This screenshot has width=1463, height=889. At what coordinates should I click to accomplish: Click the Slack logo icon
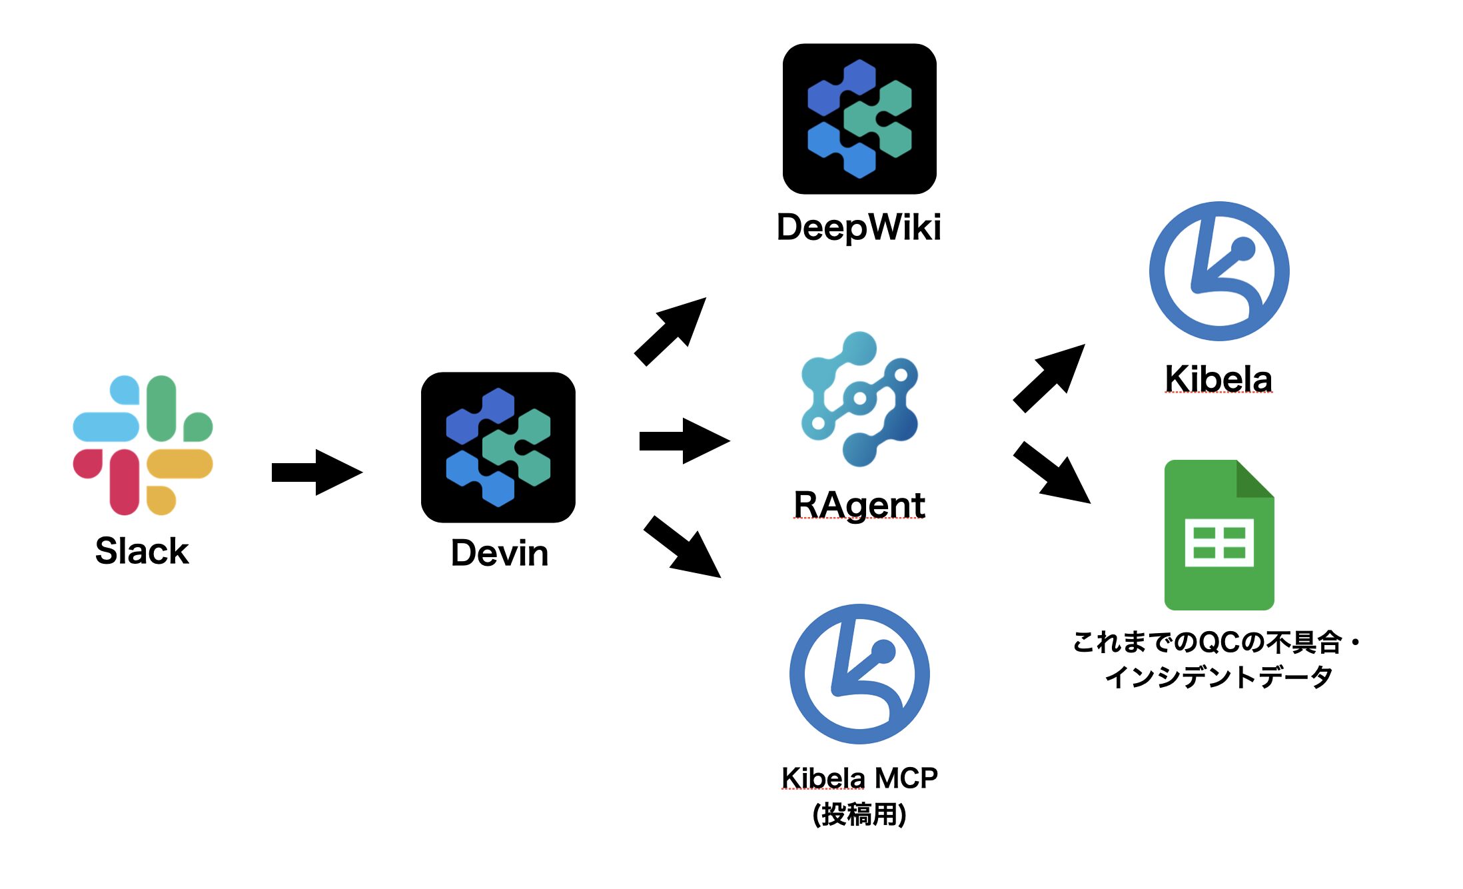point(143,445)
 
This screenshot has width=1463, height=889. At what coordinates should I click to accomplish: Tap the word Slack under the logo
point(142,551)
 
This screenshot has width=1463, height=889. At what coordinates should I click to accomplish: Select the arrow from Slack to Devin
point(316,472)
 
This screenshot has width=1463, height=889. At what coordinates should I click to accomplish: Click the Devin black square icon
point(498,447)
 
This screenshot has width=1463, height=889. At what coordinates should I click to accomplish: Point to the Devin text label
point(500,553)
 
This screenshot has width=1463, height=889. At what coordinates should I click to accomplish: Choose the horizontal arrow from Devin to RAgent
point(684,441)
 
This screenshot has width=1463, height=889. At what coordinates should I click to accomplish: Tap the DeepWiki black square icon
point(859,119)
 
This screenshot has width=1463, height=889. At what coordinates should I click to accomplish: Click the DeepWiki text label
point(859,227)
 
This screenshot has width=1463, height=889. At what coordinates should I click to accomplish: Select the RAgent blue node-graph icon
point(859,399)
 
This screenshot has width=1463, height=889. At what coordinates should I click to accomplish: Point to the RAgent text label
point(859,505)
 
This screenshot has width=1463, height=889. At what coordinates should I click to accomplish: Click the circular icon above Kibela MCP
point(859,674)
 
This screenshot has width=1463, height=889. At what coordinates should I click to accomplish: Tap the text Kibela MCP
point(859,778)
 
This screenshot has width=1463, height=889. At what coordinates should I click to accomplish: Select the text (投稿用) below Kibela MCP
point(859,814)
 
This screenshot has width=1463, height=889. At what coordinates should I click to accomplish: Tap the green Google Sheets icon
point(1219,535)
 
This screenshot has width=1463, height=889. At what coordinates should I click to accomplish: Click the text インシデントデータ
point(1219,677)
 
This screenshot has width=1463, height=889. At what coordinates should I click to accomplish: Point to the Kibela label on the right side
point(1219,379)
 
